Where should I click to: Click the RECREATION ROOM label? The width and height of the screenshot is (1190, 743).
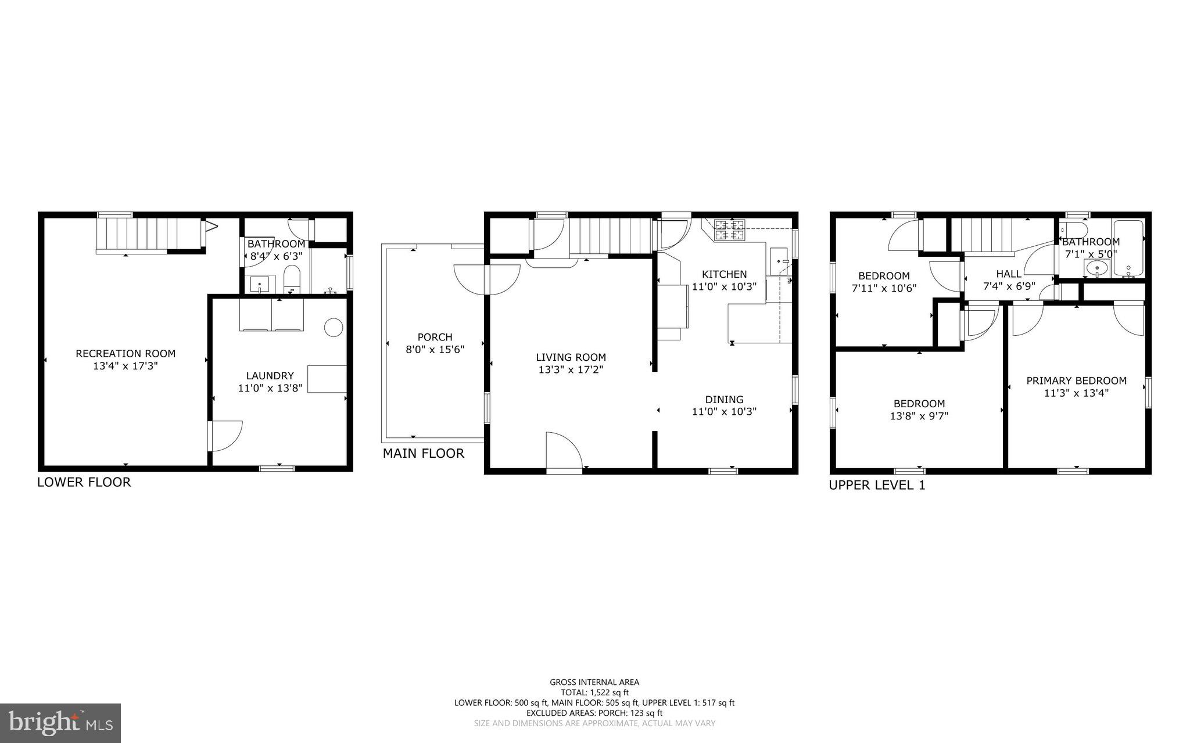pos(126,353)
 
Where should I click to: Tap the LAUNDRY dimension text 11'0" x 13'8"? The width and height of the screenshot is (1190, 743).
pos(270,388)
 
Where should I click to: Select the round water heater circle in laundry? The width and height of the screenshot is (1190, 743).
pos(334,328)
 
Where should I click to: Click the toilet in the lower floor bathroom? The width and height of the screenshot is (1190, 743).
pos(292,280)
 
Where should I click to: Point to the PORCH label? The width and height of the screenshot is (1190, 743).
pos(435,337)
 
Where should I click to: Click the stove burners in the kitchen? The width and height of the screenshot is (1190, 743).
pos(730,229)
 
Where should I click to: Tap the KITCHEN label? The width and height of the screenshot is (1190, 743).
pos(724,274)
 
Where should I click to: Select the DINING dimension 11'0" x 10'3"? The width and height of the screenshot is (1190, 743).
pos(724,412)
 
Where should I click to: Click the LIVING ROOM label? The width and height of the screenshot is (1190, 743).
pos(571,357)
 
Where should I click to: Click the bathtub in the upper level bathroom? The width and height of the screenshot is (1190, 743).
pos(1128,249)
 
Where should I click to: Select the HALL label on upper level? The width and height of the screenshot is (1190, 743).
pos(1009,274)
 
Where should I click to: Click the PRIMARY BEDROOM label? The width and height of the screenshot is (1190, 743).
pos(1076,381)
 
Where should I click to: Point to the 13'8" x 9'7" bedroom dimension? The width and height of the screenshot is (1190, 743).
pos(919,416)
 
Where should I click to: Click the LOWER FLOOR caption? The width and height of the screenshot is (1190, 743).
pos(84,482)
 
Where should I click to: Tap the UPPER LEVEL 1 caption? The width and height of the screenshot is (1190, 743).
pos(877,485)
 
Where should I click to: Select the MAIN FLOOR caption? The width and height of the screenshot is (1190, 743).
pos(424,454)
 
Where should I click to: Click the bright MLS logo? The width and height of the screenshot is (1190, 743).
pos(60,723)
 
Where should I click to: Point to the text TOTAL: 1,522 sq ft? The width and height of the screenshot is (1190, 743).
pos(594,692)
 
